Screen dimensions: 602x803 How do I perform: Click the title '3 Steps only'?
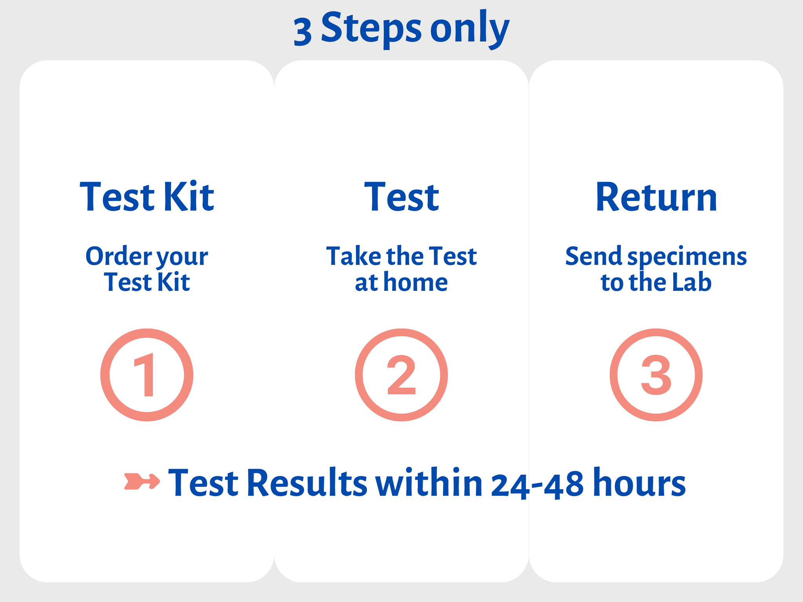(x=401, y=29)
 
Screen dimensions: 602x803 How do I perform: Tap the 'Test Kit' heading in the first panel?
(x=147, y=197)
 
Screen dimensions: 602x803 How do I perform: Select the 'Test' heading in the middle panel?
(x=401, y=197)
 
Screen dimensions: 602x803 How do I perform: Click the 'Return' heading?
(x=656, y=197)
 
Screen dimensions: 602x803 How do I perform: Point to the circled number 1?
(x=147, y=375)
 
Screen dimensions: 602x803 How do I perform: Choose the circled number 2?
(x=401, y=375)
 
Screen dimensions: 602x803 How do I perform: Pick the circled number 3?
(x=656, y=375)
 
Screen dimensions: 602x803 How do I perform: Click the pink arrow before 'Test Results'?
(x=142, y=481)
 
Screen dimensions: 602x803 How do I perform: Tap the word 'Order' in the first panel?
(x=119, y=256)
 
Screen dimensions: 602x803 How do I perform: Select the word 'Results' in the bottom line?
(x=307, y=482)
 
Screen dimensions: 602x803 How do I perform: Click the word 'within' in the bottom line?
(x=429, y=482)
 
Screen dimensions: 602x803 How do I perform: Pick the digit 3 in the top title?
(x=303, y=33)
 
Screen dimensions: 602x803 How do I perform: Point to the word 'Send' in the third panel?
(x=593, y=256)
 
